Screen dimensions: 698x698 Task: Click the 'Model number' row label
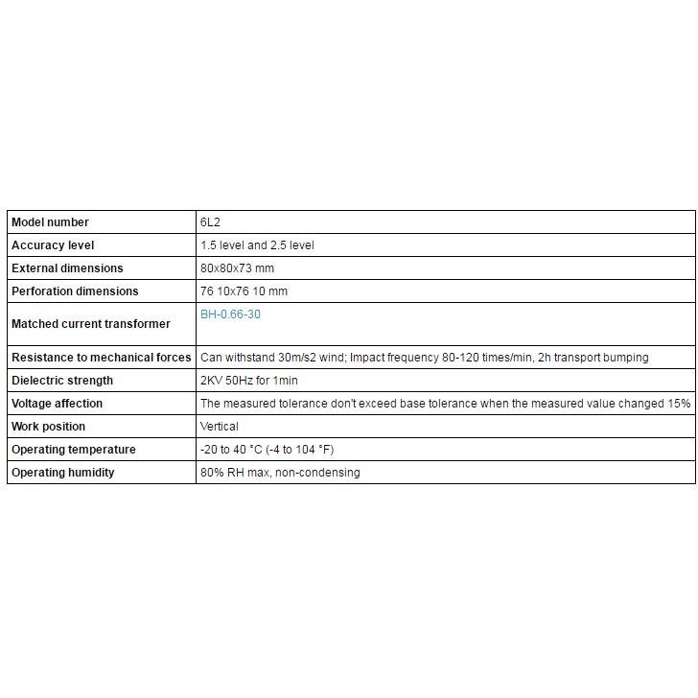pyautogui.click(x=50, y=222)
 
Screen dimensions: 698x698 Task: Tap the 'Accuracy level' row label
pyautogui.click(x=53, y=245)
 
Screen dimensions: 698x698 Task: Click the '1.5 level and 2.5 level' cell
pyautogui.click(x=257, y=245)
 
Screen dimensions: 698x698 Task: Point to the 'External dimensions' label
pyautogui.click(x=67, y=268)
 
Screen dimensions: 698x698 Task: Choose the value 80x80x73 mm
pyautogui.click(x=237, y=268)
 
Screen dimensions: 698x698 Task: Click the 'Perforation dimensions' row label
pyautogui.click(x=75, y=291)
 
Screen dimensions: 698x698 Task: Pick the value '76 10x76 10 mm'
pyautogui.click(x=244, y=291)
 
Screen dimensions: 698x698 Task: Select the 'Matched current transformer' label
pyautogui.click(x=90, y=324)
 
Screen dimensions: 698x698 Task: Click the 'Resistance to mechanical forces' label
pyautogui.click(x=101, y=358)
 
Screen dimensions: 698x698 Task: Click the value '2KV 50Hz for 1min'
pyautogui.click(x=249, y=381)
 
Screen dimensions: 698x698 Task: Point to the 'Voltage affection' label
pyautogui.click(x=57, y=404)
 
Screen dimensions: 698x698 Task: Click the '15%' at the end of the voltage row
pyautogui.click(x=680, y=404)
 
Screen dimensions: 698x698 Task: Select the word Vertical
pyautogui.click(x=220, y=427)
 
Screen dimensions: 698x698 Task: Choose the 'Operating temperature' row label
pyautogui.click(x=73, y=450)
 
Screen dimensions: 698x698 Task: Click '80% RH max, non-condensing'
pyautogui.click(x=280, y=473)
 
